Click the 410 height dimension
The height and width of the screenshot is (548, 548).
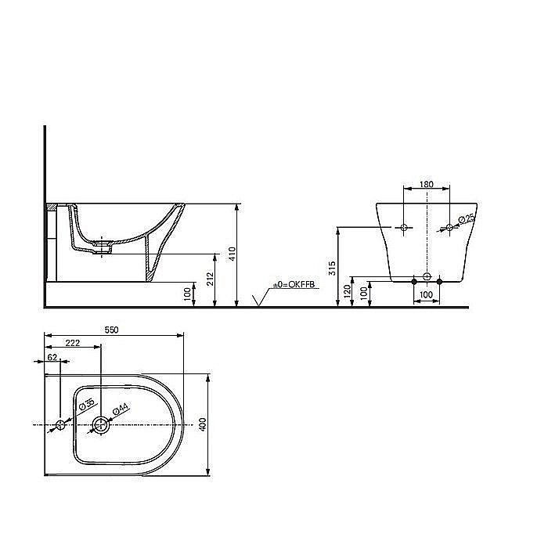[233, 255]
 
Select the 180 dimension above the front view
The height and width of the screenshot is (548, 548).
[426, 184]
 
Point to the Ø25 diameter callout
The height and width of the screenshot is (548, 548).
[465, 219]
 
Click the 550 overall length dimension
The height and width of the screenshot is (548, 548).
[112, 330]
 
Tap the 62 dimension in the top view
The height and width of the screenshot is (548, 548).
[52, 357]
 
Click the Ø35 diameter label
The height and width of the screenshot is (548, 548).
[87, 405]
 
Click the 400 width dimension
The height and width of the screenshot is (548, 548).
[204, 424]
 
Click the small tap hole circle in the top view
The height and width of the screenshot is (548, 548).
[60, 425]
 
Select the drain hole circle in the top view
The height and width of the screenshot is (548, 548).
[101, 425]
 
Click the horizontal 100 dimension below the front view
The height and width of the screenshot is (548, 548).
[426, 294]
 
